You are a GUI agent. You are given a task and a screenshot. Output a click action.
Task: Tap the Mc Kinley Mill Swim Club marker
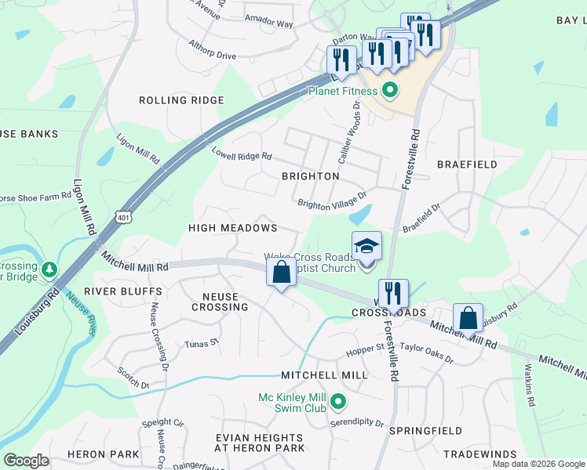coord(338,403)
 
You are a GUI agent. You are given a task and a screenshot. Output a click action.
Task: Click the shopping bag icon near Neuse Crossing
coord(282,273)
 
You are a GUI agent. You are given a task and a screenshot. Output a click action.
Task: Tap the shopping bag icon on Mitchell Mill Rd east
coord(468,319)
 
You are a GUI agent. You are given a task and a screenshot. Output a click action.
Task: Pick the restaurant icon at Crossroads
coord(393,294)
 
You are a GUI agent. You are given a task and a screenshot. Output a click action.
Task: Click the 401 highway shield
coord(123,214)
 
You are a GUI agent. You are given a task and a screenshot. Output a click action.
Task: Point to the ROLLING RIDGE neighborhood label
coord(181,100)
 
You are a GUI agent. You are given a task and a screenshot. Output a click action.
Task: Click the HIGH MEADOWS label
coord(233,228)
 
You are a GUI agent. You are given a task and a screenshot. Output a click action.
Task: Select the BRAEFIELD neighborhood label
coord(467,164)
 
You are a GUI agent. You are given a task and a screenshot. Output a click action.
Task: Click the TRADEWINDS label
coord(480,454)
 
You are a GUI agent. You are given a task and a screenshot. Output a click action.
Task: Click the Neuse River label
coord(81,313)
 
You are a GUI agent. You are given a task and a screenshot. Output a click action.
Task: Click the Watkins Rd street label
coord(530,386)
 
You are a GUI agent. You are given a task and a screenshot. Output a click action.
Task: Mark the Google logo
coord(26,461)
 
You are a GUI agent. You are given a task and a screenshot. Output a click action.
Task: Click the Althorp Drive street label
coord(213,56)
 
